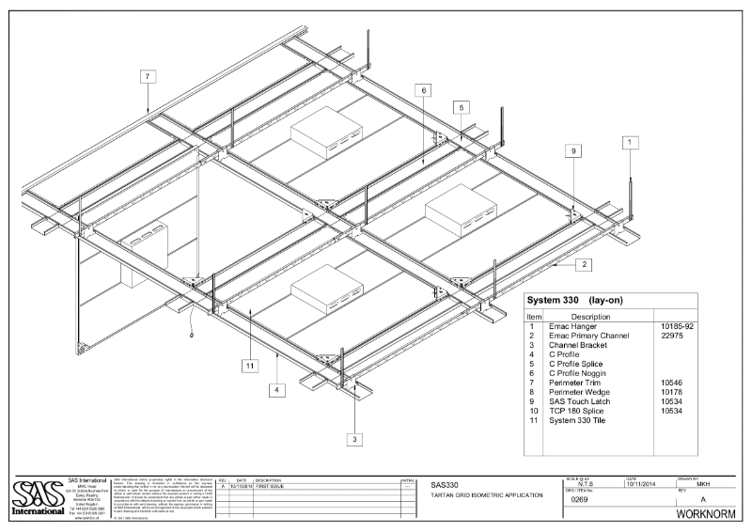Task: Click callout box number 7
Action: coord(148,77)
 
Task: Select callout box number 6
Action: coord(425,90)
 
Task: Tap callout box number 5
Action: coord(462,108)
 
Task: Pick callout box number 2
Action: coord(585,264)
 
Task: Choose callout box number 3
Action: coord(354,439)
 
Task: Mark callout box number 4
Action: coord(276,388)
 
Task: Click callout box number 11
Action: coord(250,366)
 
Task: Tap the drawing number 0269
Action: coord(582,500)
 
